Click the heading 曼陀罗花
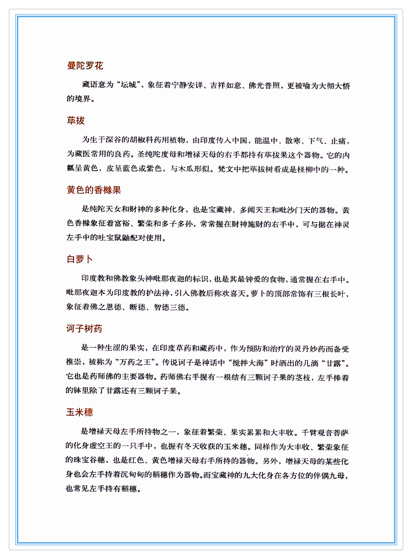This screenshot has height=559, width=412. [x=85, y=65]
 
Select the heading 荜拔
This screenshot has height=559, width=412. [x=76, y=120]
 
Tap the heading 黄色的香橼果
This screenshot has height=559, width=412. [x=94, y=190]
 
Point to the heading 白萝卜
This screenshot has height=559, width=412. [x=80, y=259]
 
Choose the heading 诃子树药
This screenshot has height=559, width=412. [x=84, y=328]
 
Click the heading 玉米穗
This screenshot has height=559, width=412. [x=79, y=412]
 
